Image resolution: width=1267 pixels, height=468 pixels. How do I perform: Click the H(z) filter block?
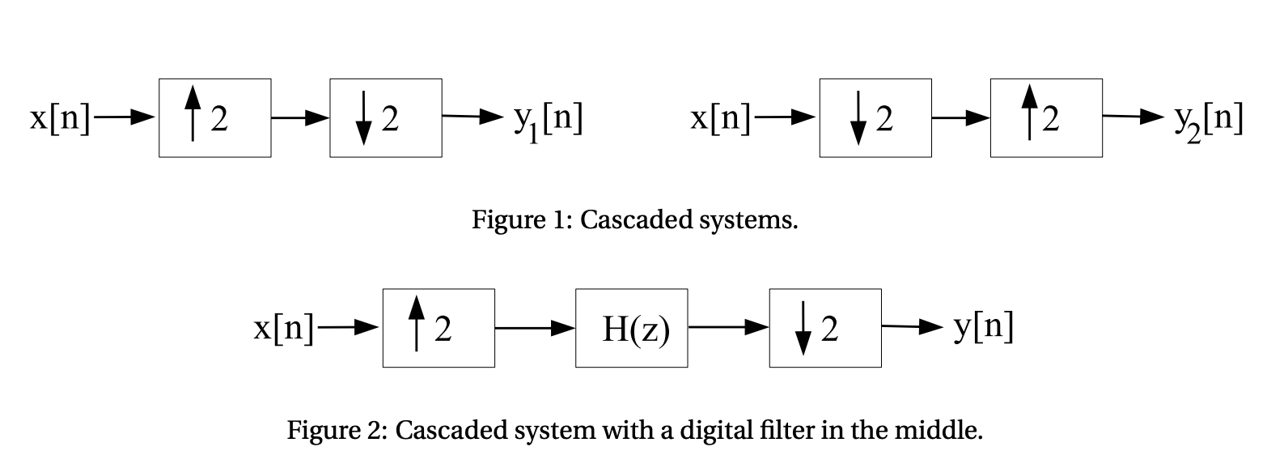[x=631, y=328]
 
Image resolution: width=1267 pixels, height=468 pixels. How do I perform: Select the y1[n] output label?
[x=548, y=119]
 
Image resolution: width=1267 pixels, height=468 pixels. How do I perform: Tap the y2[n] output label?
[x=1208, y=119]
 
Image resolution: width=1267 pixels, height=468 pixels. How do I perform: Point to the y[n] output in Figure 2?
[x=983, y=328]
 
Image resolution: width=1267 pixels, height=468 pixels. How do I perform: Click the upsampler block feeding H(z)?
[x=439, y=328]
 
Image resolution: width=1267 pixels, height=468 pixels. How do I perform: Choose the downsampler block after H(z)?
[x=824, y=328]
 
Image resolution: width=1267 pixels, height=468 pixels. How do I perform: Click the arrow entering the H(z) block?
[x=535, y=328]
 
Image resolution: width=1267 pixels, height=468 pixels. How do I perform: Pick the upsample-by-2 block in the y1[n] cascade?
[x=214, y=118]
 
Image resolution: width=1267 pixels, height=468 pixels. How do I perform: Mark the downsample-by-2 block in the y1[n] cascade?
[x=385, y=118]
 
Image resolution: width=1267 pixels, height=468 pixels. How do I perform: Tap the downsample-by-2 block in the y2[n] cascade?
[x=875, y=118]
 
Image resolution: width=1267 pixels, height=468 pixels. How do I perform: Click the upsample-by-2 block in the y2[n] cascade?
[x=1045, y=118]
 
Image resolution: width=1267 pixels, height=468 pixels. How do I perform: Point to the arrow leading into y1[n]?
[x=472, y=117]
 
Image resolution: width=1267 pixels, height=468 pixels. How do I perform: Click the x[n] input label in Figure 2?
[x=283, y=328]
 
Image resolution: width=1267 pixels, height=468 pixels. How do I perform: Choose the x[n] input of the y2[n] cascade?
[x=720, y=118]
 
